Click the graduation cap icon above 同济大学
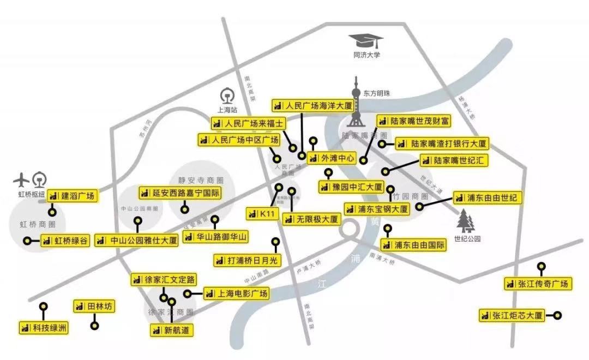point(366,41)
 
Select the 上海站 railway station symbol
point(226,95)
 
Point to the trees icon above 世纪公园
point(465,221)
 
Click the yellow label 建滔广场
point(73,196)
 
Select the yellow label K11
point(261,214)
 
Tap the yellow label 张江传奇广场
point(537,284)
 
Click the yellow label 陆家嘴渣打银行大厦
point(441,144)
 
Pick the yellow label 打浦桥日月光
point(247,260)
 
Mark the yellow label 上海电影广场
point(236,294)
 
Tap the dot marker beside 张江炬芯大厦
point(557,315)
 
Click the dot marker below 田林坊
point(95,326)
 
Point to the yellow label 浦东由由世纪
point(487,197)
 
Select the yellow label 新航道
point(172,330)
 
